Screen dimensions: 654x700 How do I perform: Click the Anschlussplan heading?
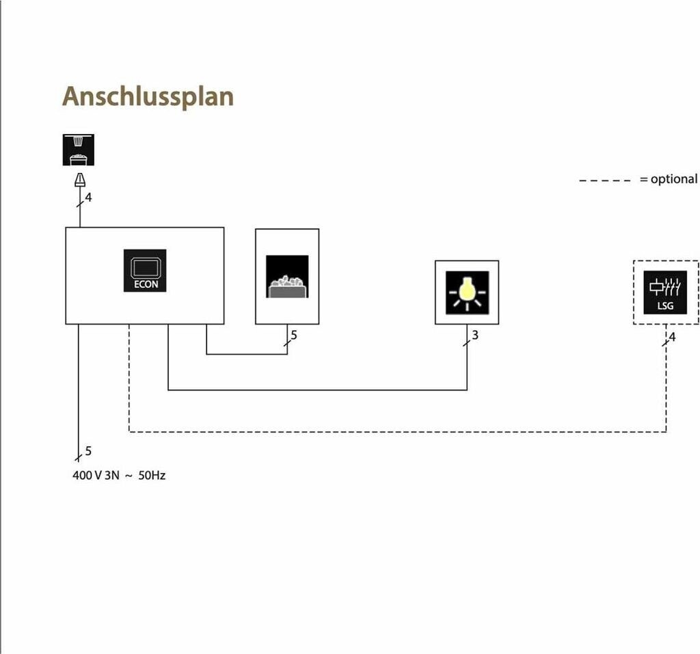148,97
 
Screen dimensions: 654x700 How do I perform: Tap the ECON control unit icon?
145,270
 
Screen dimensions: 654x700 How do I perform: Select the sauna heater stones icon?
287,277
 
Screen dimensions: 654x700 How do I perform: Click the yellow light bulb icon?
467,292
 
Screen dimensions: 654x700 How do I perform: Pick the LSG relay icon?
665,292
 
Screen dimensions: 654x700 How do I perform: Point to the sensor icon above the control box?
79,150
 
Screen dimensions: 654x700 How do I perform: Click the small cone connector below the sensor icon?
80,180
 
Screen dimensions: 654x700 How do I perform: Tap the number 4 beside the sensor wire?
88,198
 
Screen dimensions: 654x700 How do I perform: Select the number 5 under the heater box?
294,335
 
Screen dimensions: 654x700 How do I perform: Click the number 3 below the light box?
475,336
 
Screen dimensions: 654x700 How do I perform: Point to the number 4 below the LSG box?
672,336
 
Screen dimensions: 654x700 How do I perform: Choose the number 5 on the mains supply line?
88,451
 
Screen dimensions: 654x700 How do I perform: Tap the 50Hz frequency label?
152,475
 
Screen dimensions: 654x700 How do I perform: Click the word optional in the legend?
674,179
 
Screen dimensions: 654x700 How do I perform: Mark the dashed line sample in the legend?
605,180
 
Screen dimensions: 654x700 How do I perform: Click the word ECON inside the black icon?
145,284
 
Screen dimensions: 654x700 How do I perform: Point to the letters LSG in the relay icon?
665,305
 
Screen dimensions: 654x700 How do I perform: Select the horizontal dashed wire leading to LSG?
396,432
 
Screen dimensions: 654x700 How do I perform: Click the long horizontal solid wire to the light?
318,390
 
